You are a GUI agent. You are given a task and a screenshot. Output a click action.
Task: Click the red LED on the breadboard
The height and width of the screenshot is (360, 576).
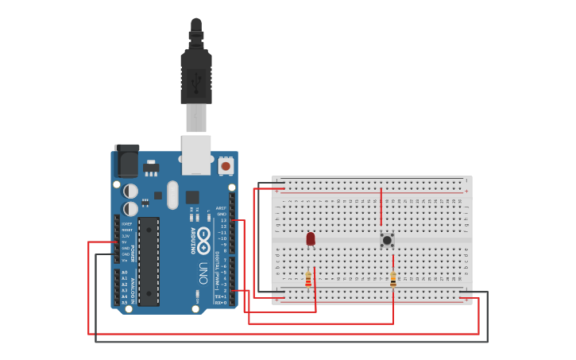tap(311, 238)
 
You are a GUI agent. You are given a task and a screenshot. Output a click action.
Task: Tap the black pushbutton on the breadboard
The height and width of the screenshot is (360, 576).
tap(387, 239)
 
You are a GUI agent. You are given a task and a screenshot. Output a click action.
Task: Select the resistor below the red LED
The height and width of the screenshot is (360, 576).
tap(308, 279)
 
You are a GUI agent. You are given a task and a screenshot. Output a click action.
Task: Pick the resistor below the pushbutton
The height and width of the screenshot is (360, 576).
tap(392, 280)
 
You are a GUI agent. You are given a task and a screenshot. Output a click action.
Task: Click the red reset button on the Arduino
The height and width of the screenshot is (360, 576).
tap(226, 166)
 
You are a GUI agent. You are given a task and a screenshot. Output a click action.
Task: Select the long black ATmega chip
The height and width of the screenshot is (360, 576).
tap(149, 261)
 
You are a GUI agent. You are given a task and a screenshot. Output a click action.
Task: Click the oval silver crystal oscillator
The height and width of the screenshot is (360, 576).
tap(173, 195)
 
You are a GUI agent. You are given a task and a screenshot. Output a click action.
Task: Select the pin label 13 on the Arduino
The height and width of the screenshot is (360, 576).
tap(223, 220)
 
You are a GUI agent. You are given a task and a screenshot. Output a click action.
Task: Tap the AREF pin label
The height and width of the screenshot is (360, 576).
tap(222, 208)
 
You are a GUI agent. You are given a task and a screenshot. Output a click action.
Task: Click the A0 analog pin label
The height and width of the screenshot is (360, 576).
tap(124, 273)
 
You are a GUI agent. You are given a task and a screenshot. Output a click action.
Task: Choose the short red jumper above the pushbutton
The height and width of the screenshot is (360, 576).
tap(381, 207)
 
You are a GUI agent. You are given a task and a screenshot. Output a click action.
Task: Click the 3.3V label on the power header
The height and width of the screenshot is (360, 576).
tap(126, 236)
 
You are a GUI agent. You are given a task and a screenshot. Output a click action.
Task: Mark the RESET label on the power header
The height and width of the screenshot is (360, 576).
tap(126, 230)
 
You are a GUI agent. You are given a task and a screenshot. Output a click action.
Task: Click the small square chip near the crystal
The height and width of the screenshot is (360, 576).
tap(192, 197)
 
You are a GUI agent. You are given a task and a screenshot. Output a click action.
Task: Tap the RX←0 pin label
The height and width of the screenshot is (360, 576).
tap(221, 302)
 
